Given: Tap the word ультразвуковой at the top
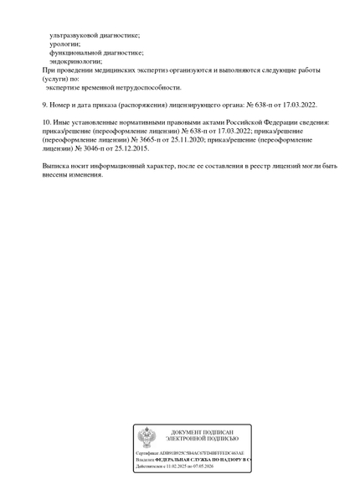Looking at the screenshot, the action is click(77, 35).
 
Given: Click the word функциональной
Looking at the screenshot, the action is click(76, 52).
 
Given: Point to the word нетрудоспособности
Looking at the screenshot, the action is click(147, 87).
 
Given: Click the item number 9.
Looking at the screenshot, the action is click(44, 105).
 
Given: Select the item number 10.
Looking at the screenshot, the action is click(46, 122).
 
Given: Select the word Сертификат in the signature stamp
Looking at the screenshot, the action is click(147, 453).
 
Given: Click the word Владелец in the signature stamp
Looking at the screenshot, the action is click(144, 460).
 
